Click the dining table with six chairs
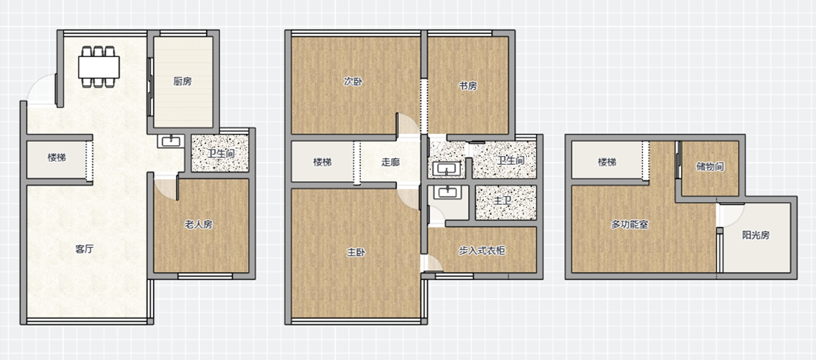pos(99,66)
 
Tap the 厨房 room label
pos(182,81)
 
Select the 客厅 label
pos(84,248)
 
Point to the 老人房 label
pos(199,224)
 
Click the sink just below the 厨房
pos(171,141)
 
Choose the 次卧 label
pos(353,82)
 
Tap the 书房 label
pos(468,86)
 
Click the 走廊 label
pos(390,162)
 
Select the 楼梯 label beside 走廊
pos(322,162)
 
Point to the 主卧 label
pos(356,252)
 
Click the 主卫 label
pos(502,200)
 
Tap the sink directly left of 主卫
pos(447,192)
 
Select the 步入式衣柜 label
pos(481,250)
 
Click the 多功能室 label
pos(629,224)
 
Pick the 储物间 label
pos(710,166)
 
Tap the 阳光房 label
pos(756,235)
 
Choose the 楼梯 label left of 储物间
pos(607,162)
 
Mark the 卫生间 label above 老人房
pos(222,153)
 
